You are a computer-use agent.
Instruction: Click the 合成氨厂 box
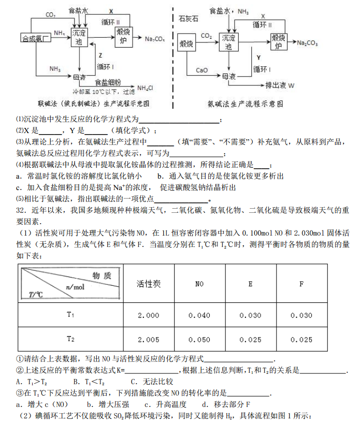pos(35,38)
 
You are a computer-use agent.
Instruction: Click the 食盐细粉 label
pos(108,82)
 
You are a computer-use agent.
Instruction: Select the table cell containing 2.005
pos(149,340)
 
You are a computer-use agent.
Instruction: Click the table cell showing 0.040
pos(199,315)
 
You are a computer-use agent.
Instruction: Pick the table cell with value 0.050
pos(199,340)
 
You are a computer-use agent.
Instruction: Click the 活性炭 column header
pos(149,284)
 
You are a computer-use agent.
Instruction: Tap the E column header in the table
pos(251,284)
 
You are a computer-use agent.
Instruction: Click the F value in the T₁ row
pos(301,315)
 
